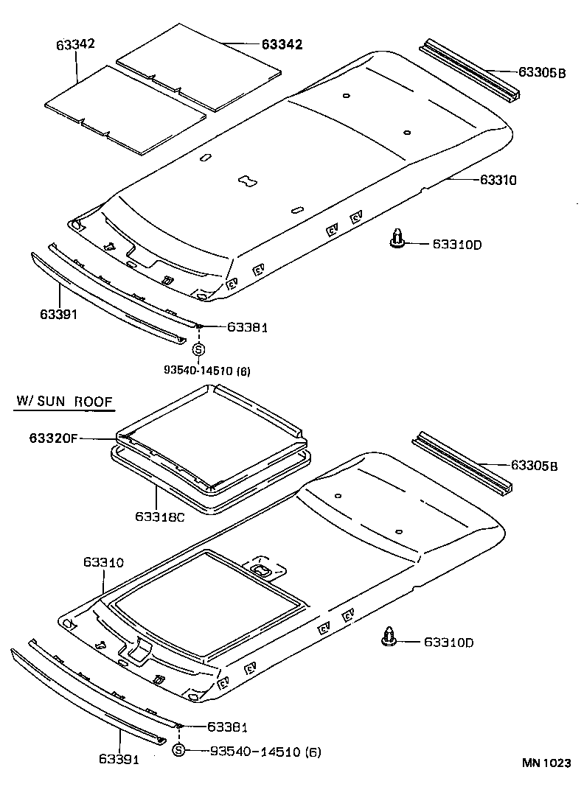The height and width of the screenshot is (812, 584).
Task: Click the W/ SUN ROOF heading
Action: [65, 402]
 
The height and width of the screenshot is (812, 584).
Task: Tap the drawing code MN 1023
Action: [546, 763]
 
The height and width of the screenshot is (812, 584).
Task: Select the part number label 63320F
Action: [53, 438]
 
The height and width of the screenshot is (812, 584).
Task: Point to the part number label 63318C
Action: [159, 517]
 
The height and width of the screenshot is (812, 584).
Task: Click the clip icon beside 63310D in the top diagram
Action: [398, 239]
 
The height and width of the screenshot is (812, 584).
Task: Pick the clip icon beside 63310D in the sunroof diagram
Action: [389, 637]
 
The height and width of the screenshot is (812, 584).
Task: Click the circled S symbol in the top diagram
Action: [198, 350]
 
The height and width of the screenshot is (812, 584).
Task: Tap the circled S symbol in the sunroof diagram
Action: [178, 751]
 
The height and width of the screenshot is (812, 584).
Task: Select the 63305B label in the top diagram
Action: [541, 72]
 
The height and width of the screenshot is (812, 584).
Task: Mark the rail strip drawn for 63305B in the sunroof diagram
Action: [460, 465]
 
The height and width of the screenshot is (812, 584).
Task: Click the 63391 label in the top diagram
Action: [59, 314]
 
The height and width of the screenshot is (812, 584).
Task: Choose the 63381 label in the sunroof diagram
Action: [226, 727]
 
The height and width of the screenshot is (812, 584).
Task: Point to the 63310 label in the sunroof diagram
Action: [103, 562]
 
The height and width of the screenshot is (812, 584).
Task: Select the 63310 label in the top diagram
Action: [498, 179]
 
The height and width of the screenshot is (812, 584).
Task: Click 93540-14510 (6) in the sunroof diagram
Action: [265, 752]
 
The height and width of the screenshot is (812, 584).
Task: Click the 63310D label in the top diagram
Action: [456, 244]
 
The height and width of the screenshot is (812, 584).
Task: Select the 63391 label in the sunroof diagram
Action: [118, 758]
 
